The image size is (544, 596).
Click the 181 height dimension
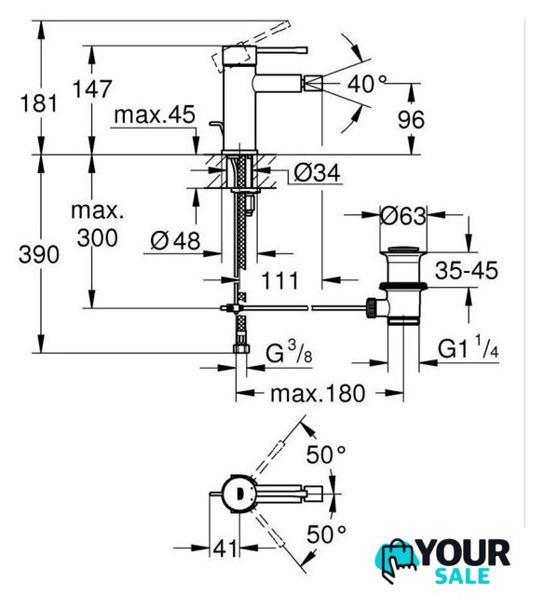39,103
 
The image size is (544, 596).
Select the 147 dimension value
92,89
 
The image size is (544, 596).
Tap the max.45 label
155,115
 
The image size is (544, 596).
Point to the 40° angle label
367,84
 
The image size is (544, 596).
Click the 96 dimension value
411,120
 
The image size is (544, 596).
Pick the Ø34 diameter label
317,173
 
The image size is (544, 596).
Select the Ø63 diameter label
403,215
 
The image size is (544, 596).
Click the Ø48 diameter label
175,240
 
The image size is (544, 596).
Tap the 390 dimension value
39,254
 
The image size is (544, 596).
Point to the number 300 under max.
97,238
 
